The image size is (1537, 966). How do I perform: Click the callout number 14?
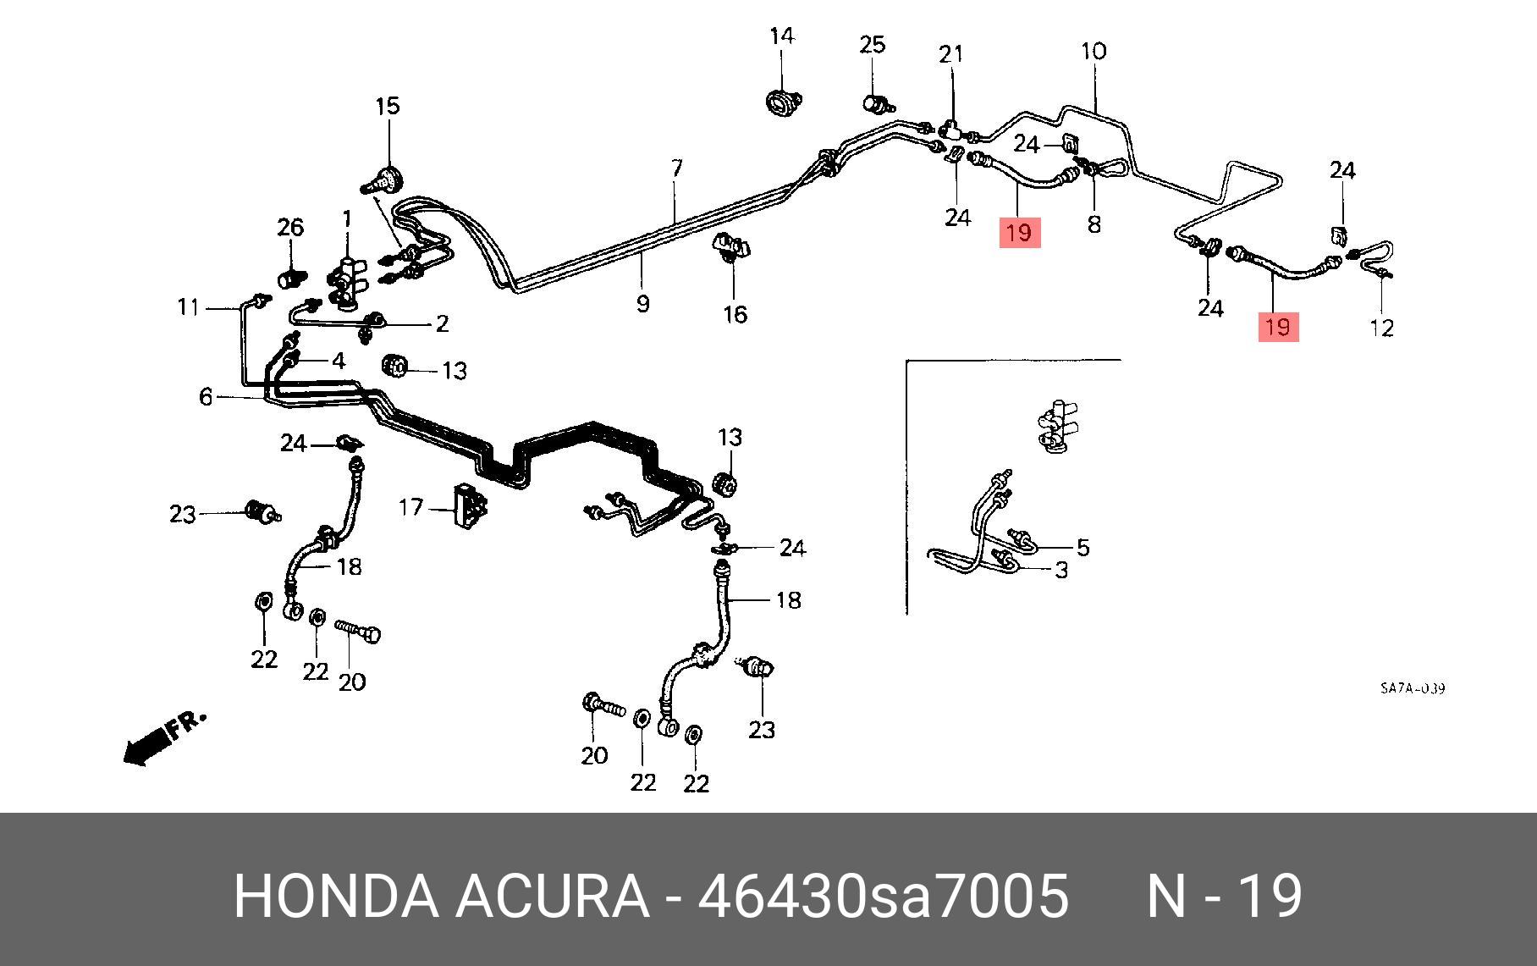click(x=782, y=36)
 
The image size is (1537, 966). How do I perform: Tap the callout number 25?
click(x=873, y=44)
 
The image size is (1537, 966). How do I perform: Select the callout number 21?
click(x=951, y=54)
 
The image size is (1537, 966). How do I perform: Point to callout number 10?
click(x=1094, y=51)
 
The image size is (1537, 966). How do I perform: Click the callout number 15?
click(x=387, y=107)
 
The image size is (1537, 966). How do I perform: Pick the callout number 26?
click(x=290, y=227)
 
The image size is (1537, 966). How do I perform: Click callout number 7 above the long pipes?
click(x=676, y=168)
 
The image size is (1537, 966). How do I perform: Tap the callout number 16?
click(x=735, y=314)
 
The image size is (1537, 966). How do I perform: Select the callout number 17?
click(x=410, y=507)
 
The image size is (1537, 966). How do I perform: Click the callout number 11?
click(x=188, y=306)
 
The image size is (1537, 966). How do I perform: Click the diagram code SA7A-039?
click(x=1412, y=688)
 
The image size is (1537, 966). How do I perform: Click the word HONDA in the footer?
click(x=336, y=896)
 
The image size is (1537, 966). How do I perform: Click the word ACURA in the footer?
click(x=552, y=896)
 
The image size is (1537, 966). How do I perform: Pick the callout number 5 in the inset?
click(x=1083, y=547)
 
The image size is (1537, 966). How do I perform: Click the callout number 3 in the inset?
click(x=1060, y=570)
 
